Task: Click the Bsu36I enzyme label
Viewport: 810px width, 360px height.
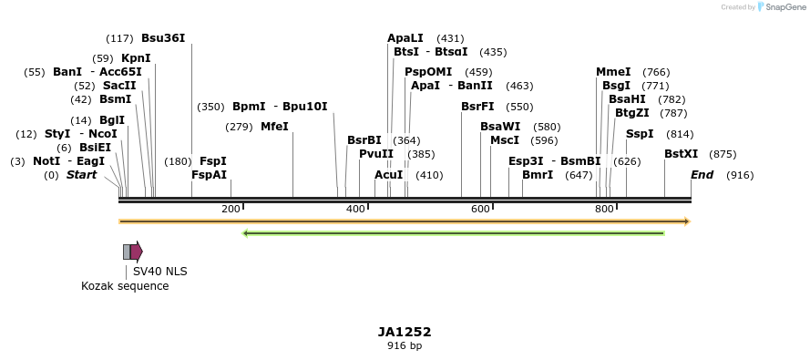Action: click(163, 38)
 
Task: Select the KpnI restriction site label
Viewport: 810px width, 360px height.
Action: click(136, 58)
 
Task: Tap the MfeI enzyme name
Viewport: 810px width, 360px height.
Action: click(274, 126)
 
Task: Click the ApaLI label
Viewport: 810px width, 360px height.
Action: click(405, 38)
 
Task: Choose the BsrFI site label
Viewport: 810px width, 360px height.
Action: click(477, 107)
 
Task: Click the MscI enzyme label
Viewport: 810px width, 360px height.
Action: click(505, 140)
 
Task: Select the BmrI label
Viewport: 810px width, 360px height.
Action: click(538, 175)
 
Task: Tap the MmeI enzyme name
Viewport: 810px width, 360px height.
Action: click(613, 72)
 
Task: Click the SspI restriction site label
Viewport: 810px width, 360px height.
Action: click(640, 134)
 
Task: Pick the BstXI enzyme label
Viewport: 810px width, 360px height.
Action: click(682, 154)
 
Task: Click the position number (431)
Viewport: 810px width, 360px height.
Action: click(450, 39)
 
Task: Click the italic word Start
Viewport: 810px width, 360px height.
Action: click(81, 175)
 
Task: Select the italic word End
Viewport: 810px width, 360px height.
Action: click(702, 175)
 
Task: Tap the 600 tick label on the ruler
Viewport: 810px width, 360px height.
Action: click(480, 209)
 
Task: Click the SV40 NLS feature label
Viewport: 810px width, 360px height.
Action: click(159, 271)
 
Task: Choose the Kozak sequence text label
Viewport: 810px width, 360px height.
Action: click(125, 286)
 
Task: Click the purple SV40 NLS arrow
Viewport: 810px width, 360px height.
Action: click(137, 252)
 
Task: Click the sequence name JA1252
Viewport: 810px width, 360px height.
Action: click(405, 332)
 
